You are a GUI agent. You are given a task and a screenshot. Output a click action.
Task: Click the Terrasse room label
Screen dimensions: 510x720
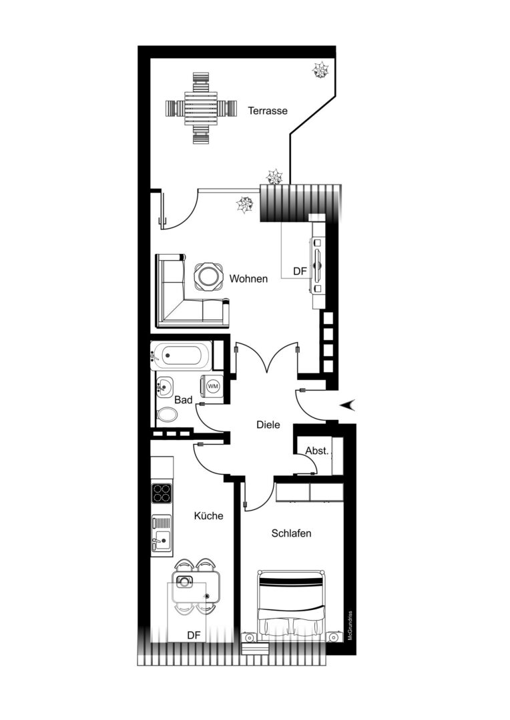(268, 111)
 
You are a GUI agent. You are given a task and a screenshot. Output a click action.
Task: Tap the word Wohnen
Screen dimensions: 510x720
(248, 279)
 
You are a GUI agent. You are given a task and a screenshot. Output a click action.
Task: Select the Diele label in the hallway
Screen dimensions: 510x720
(268, 425)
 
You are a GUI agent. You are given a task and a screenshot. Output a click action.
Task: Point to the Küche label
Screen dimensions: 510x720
(208, 515)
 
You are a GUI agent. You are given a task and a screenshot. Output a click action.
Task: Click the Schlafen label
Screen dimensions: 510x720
(291, 533)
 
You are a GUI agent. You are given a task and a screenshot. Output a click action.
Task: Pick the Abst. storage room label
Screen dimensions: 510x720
(317, 451)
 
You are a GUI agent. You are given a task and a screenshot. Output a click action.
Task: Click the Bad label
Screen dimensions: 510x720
(183, 400)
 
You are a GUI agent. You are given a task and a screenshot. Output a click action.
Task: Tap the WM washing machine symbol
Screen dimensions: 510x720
(213, 386)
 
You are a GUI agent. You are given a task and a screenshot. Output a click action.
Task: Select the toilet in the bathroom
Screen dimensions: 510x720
(167, 415)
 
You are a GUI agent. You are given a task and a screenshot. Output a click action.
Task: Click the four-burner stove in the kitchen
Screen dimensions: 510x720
(162, 494)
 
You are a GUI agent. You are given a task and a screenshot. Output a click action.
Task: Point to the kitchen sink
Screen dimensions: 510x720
(162, 535)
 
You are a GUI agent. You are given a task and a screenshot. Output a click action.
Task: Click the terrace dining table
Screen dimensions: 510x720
(200, 109)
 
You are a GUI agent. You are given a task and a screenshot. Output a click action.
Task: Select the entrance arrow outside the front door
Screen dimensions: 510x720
(348, 405)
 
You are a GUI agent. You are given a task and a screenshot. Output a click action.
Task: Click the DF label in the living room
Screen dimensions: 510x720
(300, 271)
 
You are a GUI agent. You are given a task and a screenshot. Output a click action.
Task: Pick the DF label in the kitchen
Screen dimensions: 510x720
(194, 635)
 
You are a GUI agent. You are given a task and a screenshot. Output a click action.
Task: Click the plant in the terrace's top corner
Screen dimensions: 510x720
(320, 70)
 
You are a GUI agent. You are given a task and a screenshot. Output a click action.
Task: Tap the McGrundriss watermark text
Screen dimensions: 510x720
(350, 625)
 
